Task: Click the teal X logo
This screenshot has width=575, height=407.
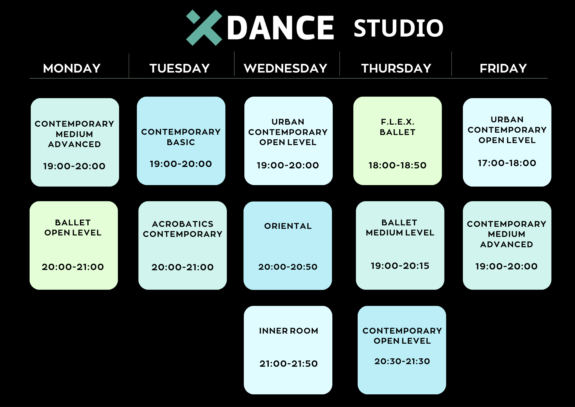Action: [204, 28]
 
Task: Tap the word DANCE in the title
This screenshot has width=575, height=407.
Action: [281, 28]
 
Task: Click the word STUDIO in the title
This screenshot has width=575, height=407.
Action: [398, 28]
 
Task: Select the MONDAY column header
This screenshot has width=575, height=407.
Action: [72, 69]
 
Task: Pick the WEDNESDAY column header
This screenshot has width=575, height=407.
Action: [285, 69]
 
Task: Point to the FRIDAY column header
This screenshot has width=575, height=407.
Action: [503, 69]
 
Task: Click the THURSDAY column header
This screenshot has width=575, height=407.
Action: [396, 69]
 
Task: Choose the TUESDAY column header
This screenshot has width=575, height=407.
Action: [180, 69]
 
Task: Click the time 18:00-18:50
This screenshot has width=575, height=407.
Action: [398, 165]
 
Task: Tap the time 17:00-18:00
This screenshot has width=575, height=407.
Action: [507, 163]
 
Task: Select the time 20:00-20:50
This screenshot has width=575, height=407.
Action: [288, 267]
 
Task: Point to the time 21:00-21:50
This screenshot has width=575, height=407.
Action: [289, 364]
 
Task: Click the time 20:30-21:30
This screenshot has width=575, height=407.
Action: [402, 361]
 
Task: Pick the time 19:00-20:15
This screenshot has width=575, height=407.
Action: [400, 266]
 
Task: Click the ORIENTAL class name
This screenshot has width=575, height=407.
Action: [288, 226]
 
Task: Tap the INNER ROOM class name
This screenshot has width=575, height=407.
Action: [289, 331]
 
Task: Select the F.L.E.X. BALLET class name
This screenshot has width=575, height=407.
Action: [398, 127]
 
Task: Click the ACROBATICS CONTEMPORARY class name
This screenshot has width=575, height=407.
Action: [183, 229]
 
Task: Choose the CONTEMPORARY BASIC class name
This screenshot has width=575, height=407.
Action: [181, 137]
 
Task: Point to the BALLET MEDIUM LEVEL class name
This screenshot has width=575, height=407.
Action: [400, 227]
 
